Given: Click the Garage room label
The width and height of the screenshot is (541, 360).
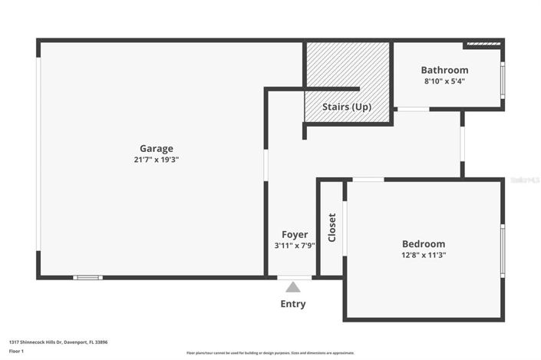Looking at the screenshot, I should click(x=156, y=148).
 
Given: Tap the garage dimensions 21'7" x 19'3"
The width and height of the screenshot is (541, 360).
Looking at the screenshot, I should click(x=156, y=160).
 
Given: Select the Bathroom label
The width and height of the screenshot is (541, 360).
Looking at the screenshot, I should click(x=444, y=70).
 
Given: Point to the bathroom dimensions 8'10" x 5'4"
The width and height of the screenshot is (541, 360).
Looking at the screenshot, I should click(x=444, y=81).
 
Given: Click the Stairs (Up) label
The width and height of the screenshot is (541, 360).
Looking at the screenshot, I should click(x=347, y=107).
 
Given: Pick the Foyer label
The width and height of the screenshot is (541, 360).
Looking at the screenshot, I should click(x=295, y=234).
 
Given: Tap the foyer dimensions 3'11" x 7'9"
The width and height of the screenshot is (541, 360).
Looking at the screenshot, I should click(x=295, y=246).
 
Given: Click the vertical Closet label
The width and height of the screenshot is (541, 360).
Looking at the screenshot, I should click(x=332, y=227).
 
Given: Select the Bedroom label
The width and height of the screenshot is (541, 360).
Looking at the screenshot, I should click(x=424, y=243).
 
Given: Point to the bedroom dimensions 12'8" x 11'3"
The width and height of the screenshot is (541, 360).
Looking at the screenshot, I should click(x=424, y=255).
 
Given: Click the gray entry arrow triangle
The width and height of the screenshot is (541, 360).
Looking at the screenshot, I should click(x=292, y=287).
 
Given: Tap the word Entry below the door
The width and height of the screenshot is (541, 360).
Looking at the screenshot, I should click(x=292, y=304).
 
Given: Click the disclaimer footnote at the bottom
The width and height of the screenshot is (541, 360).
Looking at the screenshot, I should click(x=270, y=353).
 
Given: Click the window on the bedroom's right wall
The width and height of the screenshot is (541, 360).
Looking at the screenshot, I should click(x=503, y=249).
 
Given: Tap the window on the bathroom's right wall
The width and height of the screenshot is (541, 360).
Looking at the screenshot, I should click(x=503, y=80).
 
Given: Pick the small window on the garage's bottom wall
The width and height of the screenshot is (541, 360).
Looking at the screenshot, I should click(x=87, y=277).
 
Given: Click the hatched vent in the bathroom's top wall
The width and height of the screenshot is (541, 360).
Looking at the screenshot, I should click(x=483, y=44).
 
